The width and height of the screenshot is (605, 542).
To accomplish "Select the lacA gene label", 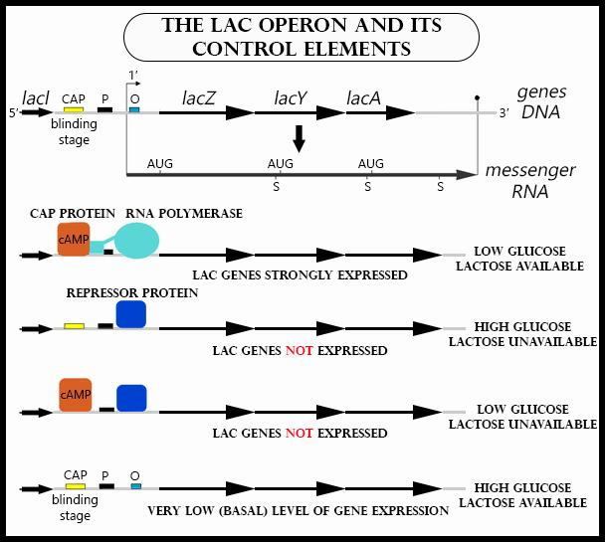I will point(366,97).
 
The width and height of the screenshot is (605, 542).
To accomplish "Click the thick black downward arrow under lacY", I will point(298,138).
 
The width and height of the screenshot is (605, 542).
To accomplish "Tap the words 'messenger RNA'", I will point(530,180).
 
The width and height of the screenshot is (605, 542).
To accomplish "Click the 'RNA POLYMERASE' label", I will point(184,214).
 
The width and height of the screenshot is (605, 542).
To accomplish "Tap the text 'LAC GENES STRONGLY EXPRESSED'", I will point(300,274).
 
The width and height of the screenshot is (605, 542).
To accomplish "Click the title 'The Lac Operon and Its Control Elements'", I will point(302,37).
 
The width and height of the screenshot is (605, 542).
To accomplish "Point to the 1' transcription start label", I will point(133,76).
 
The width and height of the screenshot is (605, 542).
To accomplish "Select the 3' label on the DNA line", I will point(504,112).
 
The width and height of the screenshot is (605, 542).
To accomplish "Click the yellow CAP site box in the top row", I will point(74,109).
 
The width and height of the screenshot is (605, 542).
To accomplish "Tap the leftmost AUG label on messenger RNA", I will point(159,163).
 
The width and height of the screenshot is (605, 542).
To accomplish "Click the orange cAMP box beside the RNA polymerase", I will point(74,240).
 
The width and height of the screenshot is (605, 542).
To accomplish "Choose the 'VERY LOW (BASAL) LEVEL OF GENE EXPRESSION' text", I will point(299,510).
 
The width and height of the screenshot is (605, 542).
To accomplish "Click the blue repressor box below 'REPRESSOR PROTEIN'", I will point(131,314).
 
